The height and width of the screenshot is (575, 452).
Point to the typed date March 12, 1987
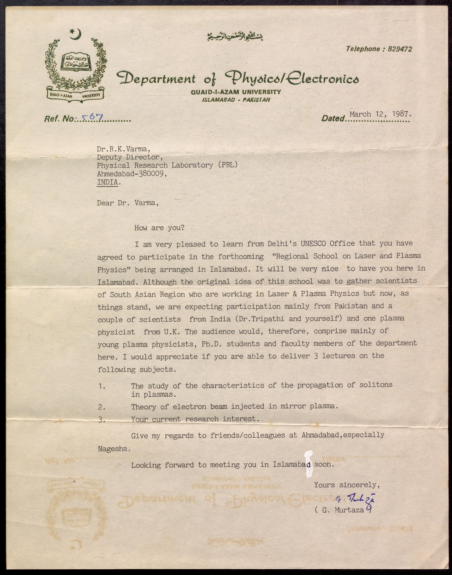point(380,114)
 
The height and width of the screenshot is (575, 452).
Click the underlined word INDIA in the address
point(107,182)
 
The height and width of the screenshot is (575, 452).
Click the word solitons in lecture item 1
point(376,385)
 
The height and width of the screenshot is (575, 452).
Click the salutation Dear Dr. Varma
point(128,203)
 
